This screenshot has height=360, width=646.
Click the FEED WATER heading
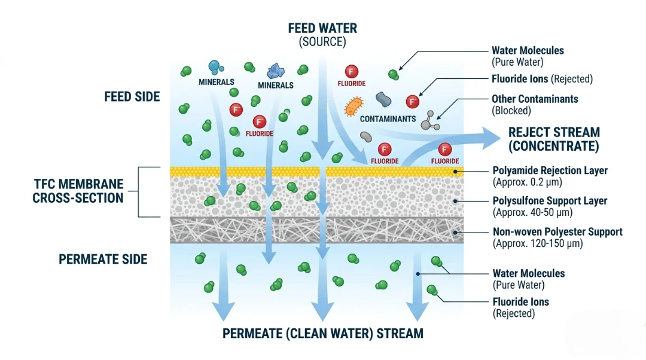(x=322, y=28)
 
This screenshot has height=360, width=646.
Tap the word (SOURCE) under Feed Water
(x=322, y=42)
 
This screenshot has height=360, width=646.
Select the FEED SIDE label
(x=132, y=97)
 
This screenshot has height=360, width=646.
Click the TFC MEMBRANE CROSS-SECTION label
(x=78, y=191)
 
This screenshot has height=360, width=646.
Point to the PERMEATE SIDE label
(x=103, y=260)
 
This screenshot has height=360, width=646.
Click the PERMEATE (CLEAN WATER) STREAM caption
(x=322, y=334)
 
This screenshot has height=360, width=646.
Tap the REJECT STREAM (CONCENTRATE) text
(x=554, y=139)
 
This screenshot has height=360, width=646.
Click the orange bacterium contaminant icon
(x=354, y=106)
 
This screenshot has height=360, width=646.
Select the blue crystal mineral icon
(x=276, y=71)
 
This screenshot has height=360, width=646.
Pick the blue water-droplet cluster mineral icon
(x=215, y=68)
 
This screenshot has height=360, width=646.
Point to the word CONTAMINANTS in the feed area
(x=388, y=119)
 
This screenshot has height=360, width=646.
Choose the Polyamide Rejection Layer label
(x=550, y=170)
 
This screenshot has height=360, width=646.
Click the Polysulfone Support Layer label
(x=550, y=201)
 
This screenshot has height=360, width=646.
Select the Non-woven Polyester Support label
(x=557, y=231)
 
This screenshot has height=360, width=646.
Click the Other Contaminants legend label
(x=535, y=99)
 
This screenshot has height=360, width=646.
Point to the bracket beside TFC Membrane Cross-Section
(x=140, y=191)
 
